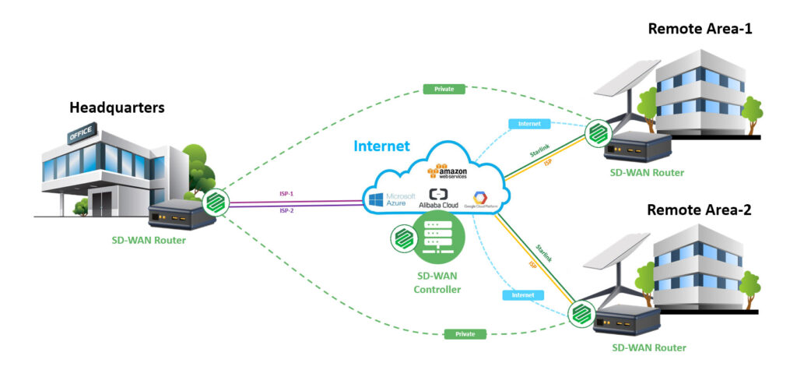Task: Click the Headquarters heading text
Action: pyautogui.click(x=117, y=107)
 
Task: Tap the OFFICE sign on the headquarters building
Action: pyautogui.click(x=81, y=135)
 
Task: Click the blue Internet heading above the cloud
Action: pyautogui.click(x=382, y=146)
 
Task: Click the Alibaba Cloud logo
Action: pyautogui.click(x=441, y=198)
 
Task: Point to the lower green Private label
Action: pyautogui.click(x=465, y=333)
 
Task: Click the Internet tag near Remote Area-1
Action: pyautogui.click(x=528, y=123)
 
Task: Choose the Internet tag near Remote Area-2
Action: pyautogui.click(x=522, y=295)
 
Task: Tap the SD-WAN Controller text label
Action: pyautogui.click(x=437, y=281)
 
